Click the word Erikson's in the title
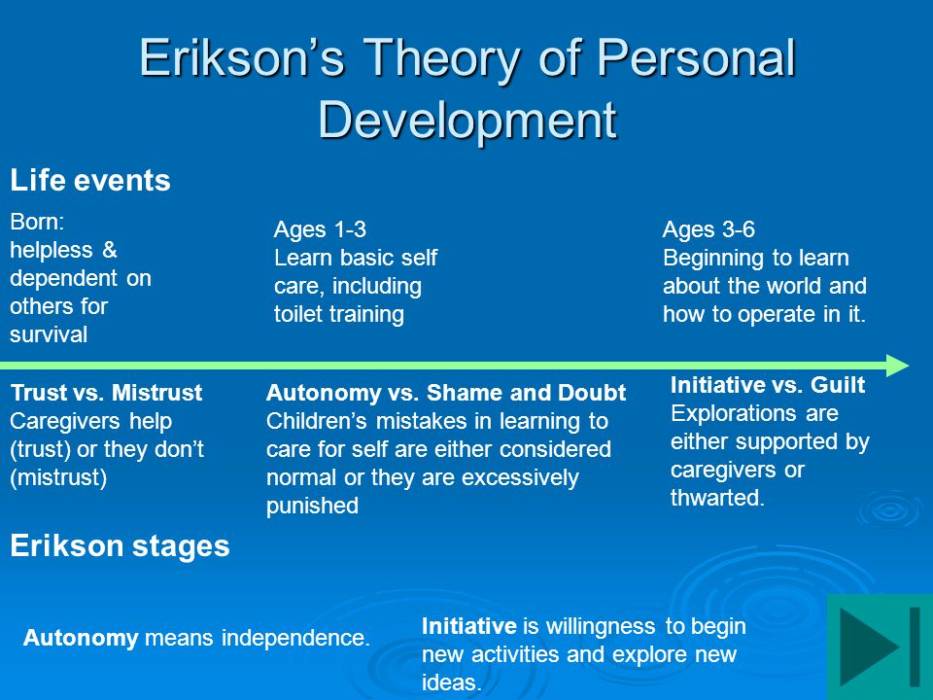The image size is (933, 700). tap(242, 57)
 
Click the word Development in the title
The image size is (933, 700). tap(467, 121)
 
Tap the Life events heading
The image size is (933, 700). tap(90, 181)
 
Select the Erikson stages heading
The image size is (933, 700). tap(120, 545)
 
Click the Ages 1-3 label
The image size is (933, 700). tap(320, 229)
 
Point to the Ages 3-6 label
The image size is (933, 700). tap(708, 229)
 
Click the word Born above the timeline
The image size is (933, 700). tap(37, 222)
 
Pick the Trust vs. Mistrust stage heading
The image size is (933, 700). tap(107, 393)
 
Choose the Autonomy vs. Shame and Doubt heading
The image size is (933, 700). tap(446, 393)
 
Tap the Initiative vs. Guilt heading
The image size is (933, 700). tap(768, 385)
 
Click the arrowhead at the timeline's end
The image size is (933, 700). tap(897, 366)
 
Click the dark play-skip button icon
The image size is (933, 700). tap(881, 647)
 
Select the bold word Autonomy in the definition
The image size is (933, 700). tap(81, 638)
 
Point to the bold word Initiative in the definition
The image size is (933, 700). tap(468, 626)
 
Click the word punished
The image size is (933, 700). tap(312, 506)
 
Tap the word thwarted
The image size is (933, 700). tap(717, 498)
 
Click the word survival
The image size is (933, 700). tap(49, 334)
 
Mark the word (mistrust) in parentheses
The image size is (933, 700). tap(58, 477)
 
